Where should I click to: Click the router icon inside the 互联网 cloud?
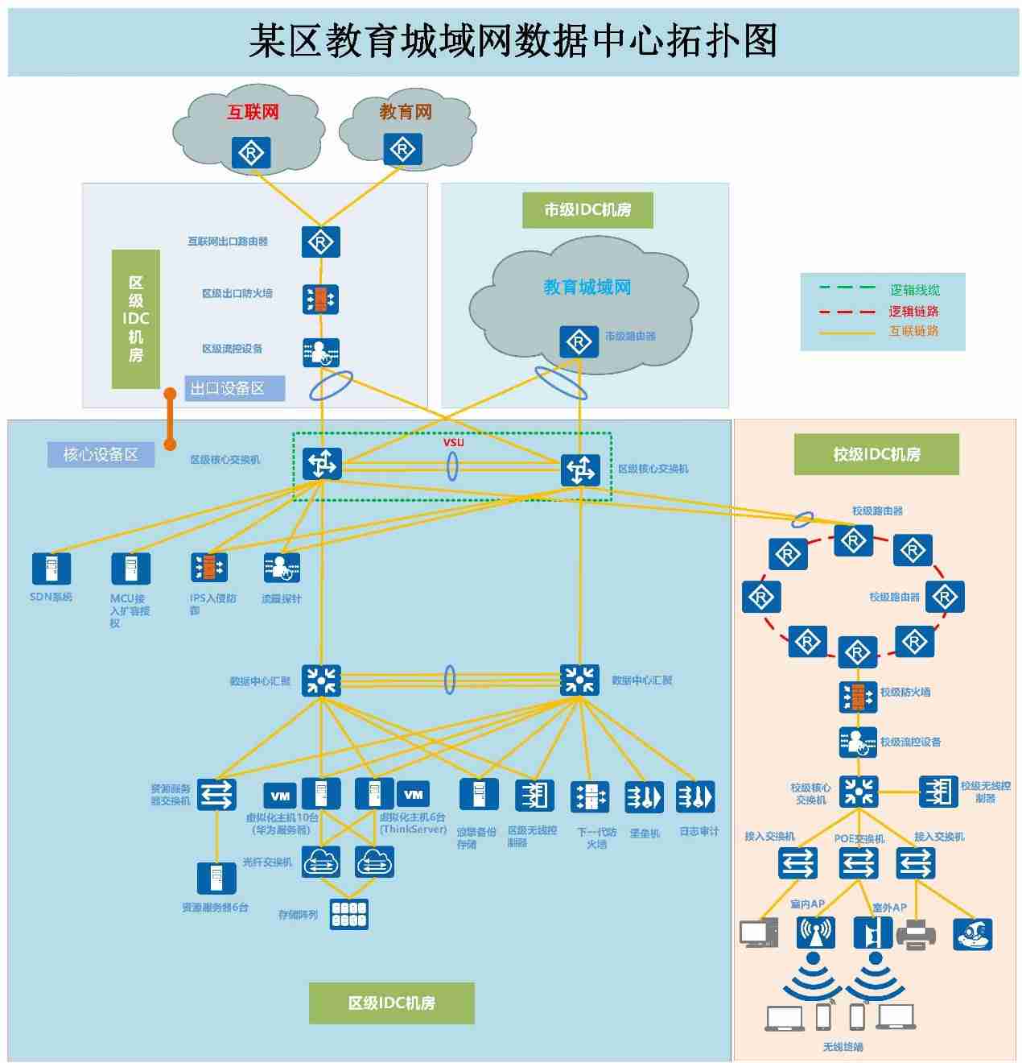click(251, 152)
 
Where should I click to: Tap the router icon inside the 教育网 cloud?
click(402, 149)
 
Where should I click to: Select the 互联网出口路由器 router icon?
click(320, 242)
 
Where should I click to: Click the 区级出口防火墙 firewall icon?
click(320, 299)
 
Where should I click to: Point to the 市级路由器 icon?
click(579, 341)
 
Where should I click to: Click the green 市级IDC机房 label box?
click(587, 210)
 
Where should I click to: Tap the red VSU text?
click(453, 442)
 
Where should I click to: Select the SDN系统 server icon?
click(52, 569)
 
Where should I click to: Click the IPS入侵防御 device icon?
click(209, 568)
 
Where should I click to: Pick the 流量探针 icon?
click(282, 568)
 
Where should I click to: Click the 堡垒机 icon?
click(644, 797)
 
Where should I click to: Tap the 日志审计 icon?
click(695, 797)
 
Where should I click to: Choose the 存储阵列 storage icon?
click(349, 914)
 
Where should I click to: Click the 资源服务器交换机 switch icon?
click(216, 794)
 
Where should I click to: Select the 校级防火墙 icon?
click(857, 697)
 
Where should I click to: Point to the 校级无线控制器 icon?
click(938, 791)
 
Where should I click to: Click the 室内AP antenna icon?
click(815, 933)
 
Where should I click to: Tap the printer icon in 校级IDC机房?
click(916, 934)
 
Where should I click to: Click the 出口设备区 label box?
click(234, 389)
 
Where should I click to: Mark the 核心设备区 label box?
click(101, 455)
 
